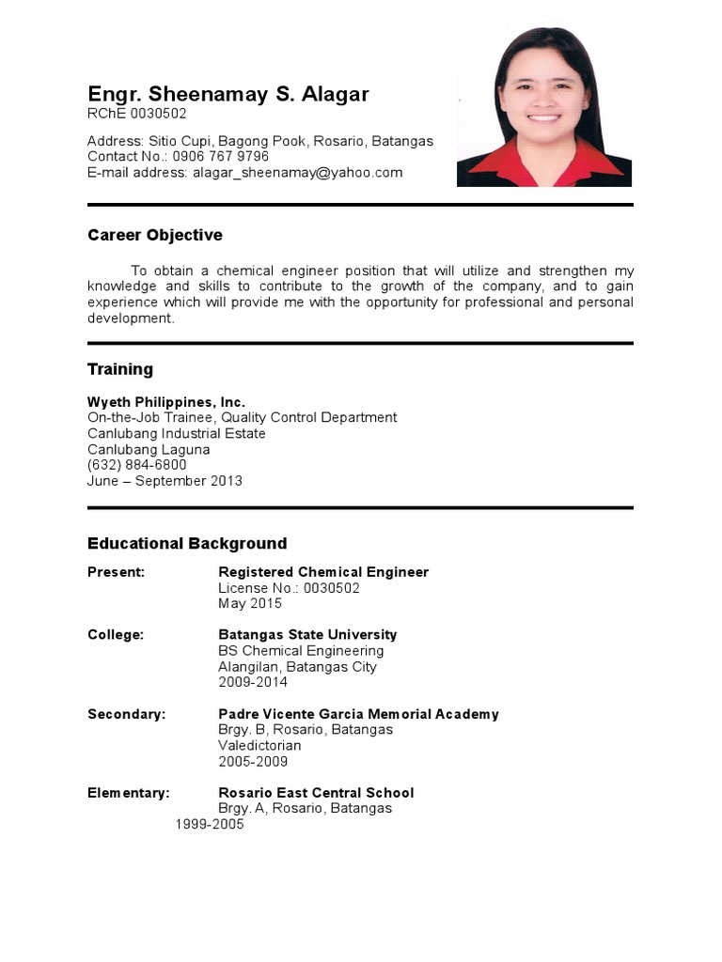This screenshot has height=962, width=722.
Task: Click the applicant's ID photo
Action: [544, 104]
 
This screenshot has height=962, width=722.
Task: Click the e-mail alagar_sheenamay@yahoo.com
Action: [298, 173]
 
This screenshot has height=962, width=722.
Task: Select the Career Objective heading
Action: [155, 235]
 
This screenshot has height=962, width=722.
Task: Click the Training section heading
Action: [120, 369]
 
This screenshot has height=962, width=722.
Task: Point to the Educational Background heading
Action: [187, 543]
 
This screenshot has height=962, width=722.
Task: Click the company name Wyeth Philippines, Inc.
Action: [166, 402]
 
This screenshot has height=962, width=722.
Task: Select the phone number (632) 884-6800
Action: [137, 465]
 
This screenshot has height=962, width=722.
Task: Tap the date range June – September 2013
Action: [165, 481]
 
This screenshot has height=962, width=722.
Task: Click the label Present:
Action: [116, 572]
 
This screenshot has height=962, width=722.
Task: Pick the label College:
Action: [116, 635]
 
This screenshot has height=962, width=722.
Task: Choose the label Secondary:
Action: [126, 714]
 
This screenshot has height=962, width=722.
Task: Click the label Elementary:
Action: [129, 793]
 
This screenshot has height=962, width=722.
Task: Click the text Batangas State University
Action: [307, 635]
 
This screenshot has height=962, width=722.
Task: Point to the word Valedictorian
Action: [259, 746]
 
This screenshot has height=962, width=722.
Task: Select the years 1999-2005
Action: [210, 824]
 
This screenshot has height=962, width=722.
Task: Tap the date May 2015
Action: [250, 603]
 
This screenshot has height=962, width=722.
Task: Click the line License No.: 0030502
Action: [289, 588]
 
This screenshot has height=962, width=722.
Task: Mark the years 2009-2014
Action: [253, 682]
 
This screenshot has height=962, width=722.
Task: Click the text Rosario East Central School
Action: [316, 793]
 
